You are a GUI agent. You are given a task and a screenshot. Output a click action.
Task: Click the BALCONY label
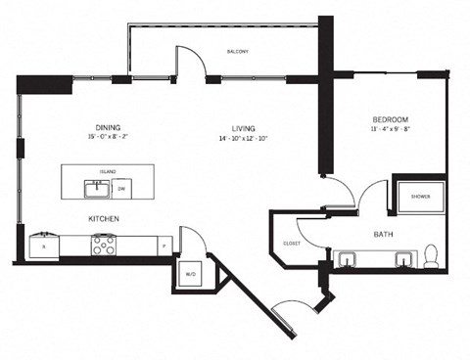[237, 51]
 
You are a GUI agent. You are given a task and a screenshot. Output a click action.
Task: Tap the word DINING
[108, 126]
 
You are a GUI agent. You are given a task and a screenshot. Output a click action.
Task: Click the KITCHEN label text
[104, 218]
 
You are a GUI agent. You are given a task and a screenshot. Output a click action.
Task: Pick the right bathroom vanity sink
[400, 259]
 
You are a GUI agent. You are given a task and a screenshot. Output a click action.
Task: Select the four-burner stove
[104, 247]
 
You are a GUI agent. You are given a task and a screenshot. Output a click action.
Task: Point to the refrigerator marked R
[43, 247]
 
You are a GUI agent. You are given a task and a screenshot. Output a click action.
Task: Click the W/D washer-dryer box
[189, 274]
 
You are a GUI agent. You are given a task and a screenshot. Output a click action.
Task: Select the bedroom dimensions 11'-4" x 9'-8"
[389, 127]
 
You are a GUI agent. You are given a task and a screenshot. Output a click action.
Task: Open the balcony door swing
[191, 63]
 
